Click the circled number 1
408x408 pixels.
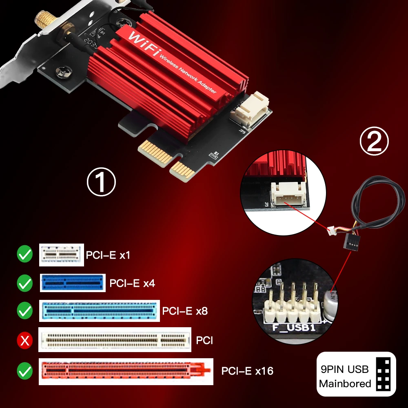102,182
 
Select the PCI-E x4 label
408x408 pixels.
132,283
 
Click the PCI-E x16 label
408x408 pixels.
247,370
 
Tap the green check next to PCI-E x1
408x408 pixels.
24,255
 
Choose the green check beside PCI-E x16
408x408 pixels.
24,371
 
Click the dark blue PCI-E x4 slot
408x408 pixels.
73,283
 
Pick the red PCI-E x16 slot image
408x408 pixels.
126,371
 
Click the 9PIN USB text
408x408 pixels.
344,370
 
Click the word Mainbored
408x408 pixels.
345,384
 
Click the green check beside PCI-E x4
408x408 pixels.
24,283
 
